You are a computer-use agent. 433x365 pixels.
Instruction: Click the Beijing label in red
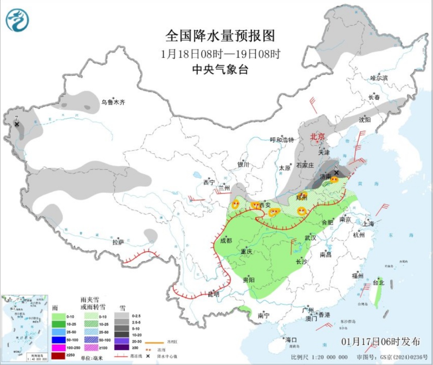point(318,137)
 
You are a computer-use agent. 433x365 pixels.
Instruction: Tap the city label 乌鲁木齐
point(113,103)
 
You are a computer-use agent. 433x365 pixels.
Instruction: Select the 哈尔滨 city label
point(379,78)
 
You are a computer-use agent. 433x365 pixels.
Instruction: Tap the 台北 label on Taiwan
point(378,282)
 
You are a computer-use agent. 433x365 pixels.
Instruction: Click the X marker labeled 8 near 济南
point(336,172)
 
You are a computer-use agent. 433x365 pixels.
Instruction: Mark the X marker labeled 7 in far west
point(17,124)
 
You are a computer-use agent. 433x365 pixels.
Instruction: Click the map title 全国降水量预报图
point(220,36)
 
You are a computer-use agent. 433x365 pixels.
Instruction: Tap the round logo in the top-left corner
point(17,20)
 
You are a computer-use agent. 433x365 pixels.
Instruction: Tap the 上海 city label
point(367,224)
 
